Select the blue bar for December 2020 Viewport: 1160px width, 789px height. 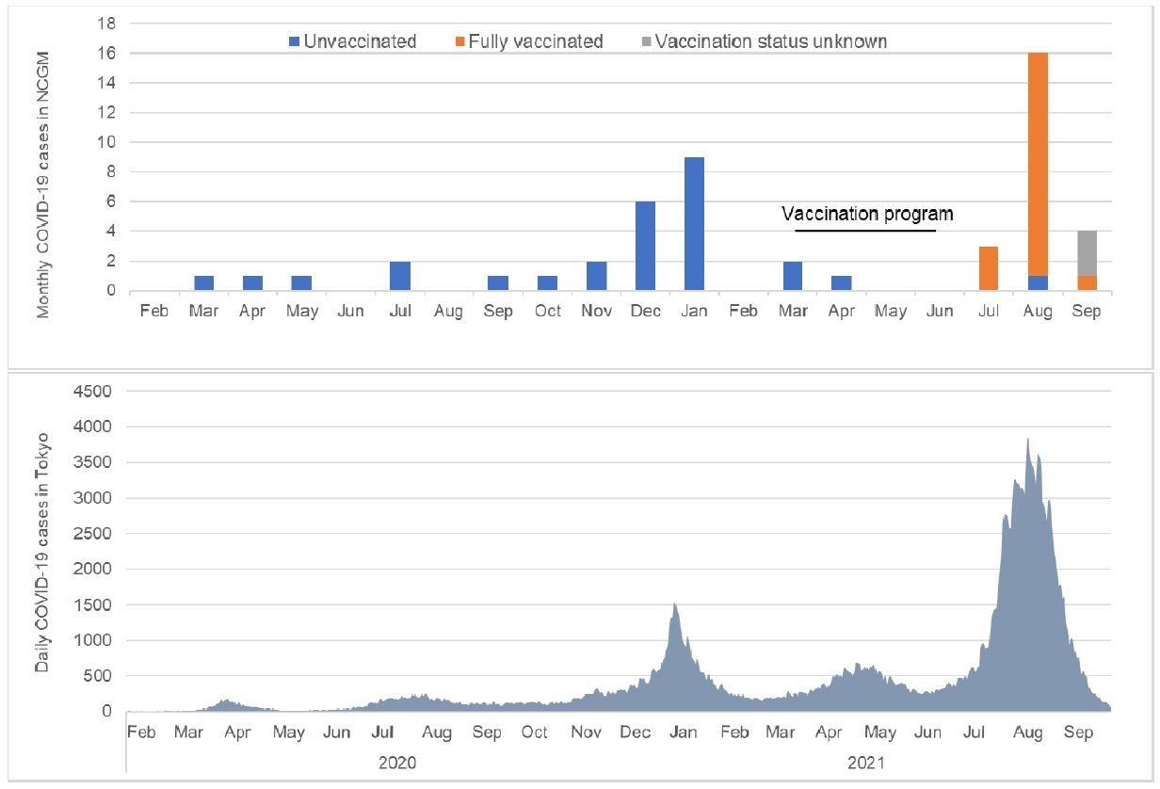(645, 246)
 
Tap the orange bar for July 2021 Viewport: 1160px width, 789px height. (989, 268)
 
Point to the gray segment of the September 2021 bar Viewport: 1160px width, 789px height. (1086, 253)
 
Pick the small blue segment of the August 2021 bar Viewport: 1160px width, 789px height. (1037, 282)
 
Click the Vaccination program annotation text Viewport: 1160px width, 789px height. (867, 215)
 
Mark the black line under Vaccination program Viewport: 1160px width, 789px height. (865, 230)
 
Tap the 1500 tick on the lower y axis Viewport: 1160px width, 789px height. (92, 604)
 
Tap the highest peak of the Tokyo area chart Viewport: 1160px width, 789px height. (1027, 439)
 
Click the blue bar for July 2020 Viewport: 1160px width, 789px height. (400, 276)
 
